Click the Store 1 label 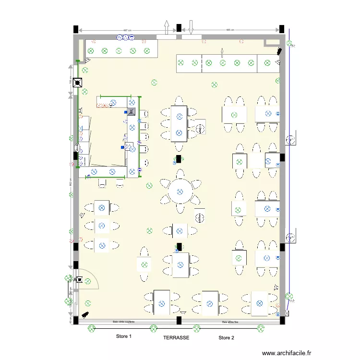[x=123, y=337]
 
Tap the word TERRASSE [x=176, y=338]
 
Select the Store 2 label [x=226, y=338]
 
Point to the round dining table [x=180, y=192]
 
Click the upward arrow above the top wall [x=167, y=27]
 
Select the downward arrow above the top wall [x=191, y=27]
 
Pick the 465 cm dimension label [x=230, y=30]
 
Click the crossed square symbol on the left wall [x=79, y=83]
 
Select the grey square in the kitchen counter [x=132, y=112]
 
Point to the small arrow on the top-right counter [x=222, y=52]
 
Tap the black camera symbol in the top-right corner [x=278, y=51]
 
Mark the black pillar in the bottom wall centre [x=179, y=320]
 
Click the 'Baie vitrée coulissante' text [x=123, y=322]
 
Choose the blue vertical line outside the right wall [x=289, y=168]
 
